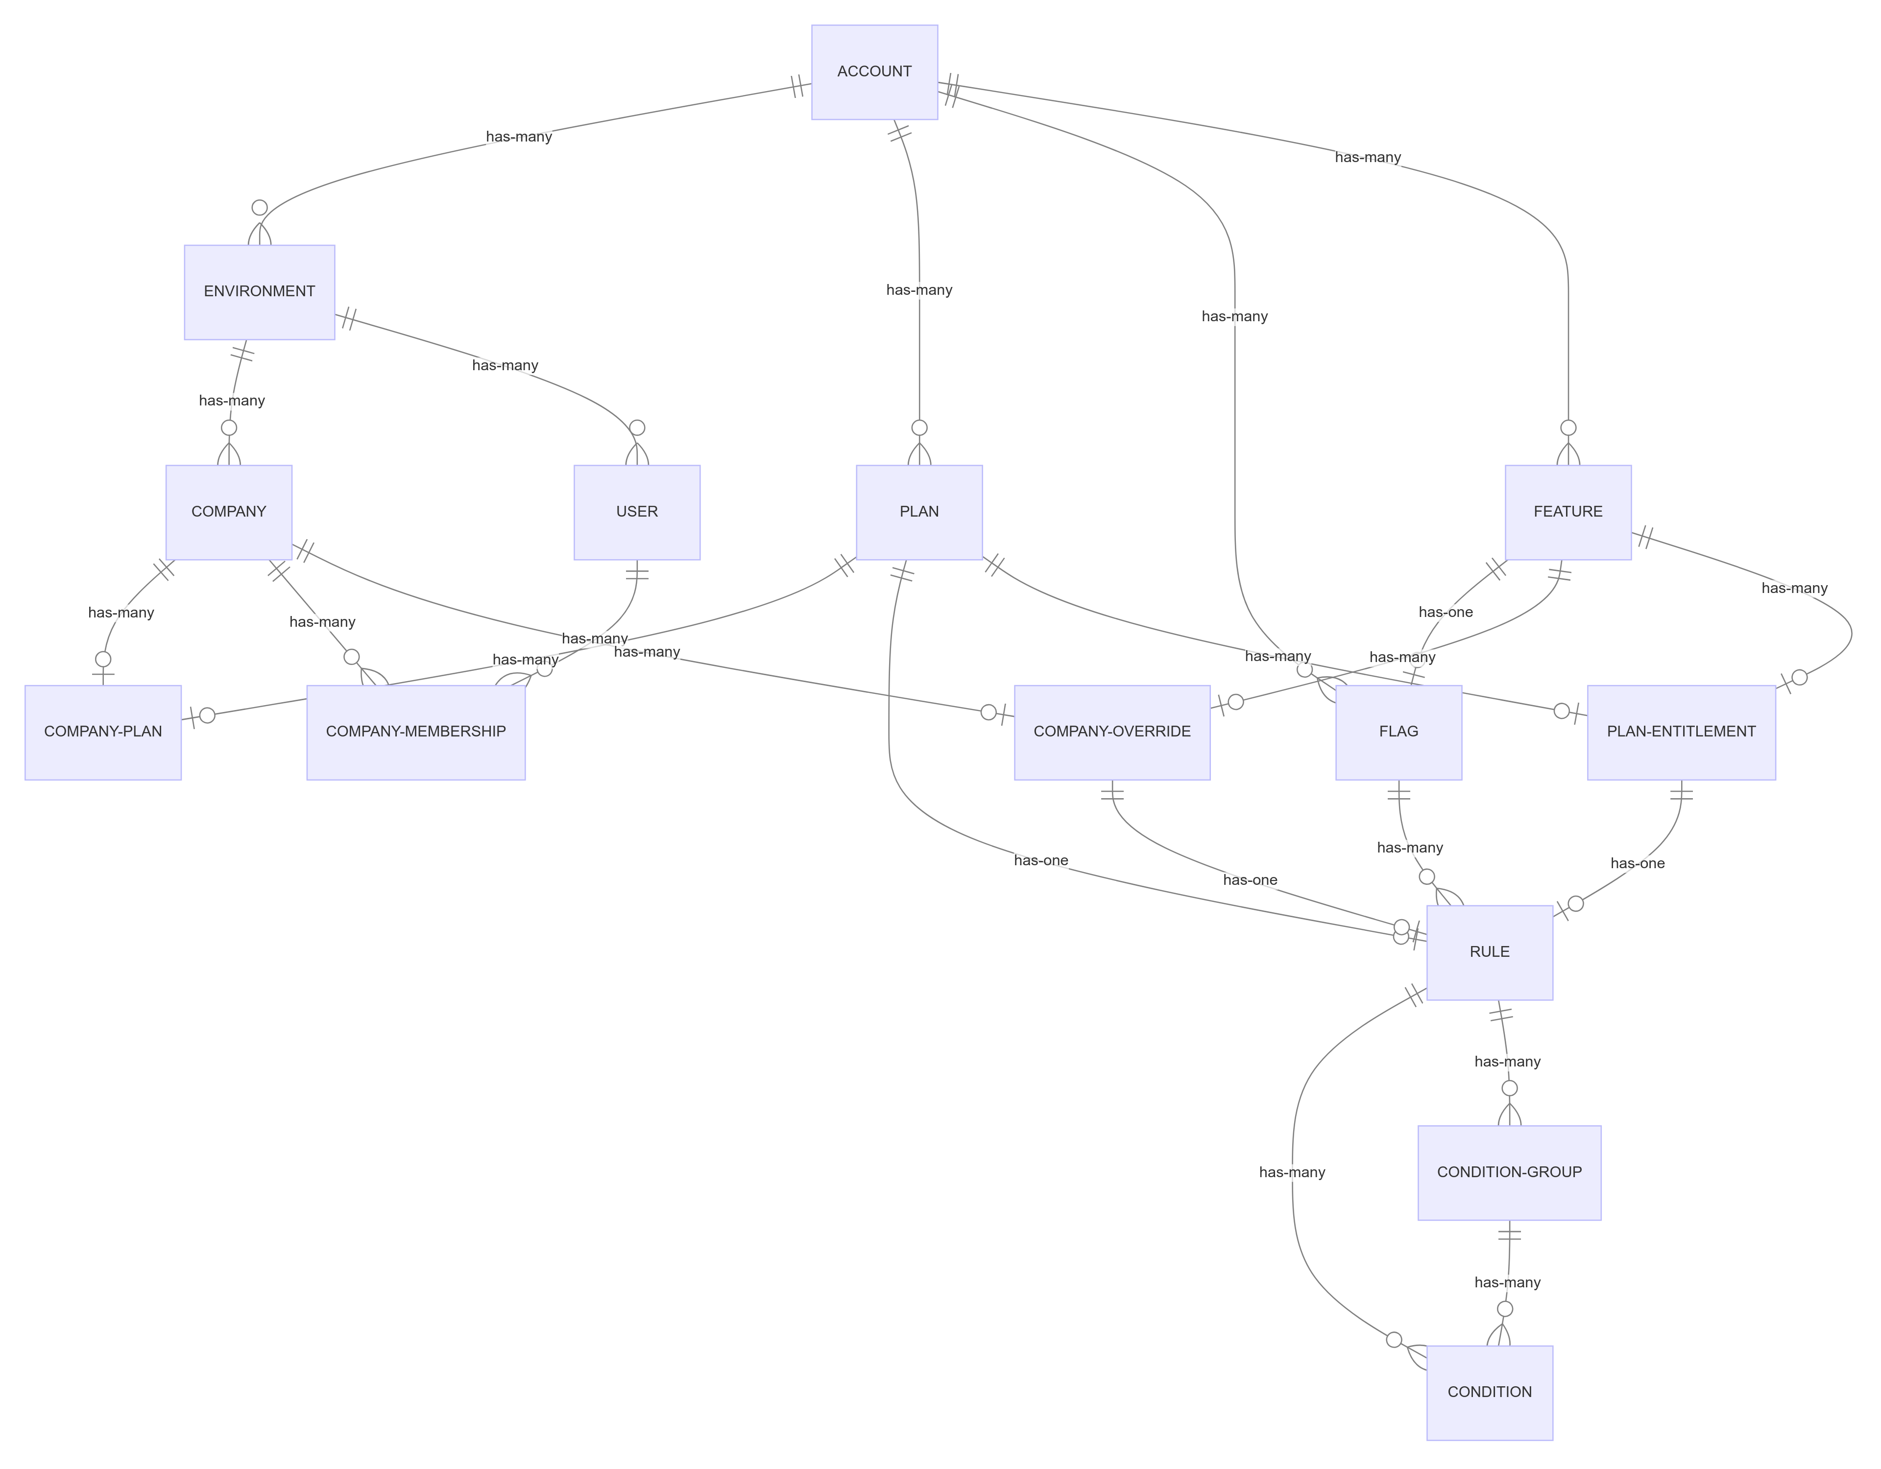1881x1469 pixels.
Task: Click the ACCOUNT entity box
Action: [x=874, y=71]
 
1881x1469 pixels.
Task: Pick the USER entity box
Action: [x=636, y=512]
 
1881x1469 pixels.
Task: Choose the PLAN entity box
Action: [x=919, y=512]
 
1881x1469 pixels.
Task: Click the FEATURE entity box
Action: [x=1567, y=512]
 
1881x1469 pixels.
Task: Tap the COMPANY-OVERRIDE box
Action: [x=1112, y=732]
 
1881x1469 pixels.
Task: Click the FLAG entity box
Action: [x=1398, y=732]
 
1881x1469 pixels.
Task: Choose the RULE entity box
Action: [x=1489, y=952]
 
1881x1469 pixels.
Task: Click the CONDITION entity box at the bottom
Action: [x=1489, y=1392]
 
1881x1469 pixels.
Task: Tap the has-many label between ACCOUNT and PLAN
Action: [x=919, y=290]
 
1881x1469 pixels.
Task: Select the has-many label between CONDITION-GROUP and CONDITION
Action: [x=1507, y=1283]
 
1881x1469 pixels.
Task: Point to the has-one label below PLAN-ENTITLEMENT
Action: [x=1637, y=864]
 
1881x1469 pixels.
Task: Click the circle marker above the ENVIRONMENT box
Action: [x=259, y=208]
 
